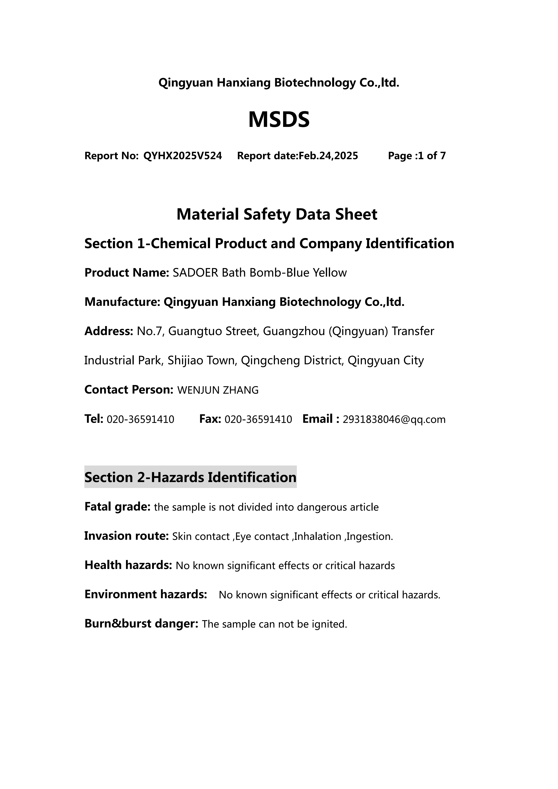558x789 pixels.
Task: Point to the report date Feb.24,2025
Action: point(328,156)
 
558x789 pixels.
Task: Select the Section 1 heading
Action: point(269,244)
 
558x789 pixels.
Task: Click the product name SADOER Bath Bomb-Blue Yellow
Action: point(259,273)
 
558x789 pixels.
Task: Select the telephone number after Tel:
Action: point(141,420)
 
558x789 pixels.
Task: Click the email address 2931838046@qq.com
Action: point(394,420)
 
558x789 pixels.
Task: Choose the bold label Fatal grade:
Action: point(117,507)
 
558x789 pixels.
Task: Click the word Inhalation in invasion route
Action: point(317,536)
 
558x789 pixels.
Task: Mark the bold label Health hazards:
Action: point(128,565)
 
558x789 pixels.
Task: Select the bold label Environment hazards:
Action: point(146,594)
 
